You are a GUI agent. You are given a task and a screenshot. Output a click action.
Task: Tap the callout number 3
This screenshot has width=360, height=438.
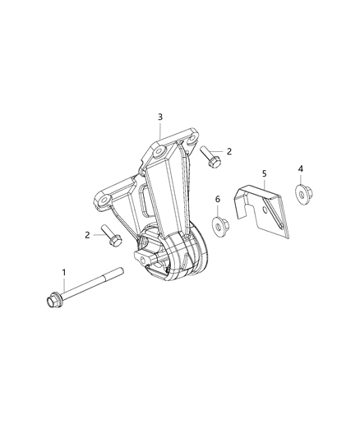pos(160,117)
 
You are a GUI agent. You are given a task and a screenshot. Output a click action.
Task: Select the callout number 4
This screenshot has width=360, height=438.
pos(301,169)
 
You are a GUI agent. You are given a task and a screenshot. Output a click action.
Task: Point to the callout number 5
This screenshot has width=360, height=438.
pos(264,174)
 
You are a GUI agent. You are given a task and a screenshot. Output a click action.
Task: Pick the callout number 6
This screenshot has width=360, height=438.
pos(217,201)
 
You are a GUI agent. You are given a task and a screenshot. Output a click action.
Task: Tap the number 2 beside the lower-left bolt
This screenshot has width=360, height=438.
pos(88,235)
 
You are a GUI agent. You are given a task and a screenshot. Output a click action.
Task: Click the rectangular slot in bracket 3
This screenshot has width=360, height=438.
pos(143,199)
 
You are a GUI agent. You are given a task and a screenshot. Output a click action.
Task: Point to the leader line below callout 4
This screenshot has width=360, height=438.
pos(301,182)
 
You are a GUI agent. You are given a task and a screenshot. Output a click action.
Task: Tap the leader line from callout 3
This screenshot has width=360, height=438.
pos(160,131)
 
